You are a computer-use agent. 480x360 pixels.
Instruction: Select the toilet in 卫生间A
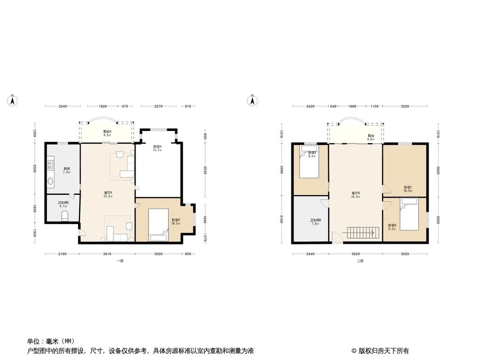65,216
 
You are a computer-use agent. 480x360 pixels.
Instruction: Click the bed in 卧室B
158,222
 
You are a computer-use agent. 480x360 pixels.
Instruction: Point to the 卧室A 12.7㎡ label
157,148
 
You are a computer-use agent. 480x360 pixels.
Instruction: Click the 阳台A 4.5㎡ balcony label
107,133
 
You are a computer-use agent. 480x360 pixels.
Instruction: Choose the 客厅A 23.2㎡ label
108,195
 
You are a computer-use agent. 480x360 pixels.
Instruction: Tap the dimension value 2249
63,107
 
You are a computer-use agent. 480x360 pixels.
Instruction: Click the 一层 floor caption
120,261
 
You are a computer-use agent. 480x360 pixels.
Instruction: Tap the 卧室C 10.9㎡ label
408,189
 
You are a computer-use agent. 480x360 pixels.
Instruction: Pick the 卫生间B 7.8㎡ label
315,222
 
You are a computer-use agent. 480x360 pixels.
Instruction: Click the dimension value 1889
352,107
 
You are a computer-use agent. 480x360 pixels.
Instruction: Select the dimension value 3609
437,170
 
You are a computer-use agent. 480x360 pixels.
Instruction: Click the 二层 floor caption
360,261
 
